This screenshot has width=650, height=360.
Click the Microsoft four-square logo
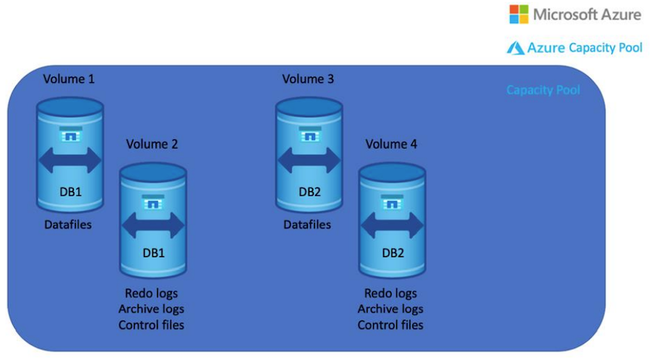(519, 13)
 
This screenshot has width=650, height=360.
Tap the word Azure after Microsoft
(617, 14)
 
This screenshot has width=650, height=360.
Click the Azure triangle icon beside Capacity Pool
(516, 48)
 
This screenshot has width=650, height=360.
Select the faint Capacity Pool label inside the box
(543, 90)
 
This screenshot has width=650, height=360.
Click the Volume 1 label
(70, 79)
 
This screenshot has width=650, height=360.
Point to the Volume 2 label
(152, 144)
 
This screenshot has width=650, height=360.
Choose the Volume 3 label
(309, 79)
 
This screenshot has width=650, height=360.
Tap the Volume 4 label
(392, 144)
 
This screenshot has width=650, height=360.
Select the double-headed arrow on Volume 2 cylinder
(152, 225)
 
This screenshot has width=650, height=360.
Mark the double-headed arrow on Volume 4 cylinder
(392, 225)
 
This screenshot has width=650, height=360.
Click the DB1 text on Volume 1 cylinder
(70, 190)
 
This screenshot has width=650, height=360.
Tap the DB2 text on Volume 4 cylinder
(392, 255)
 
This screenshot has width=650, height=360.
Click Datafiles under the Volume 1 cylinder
(70, 225)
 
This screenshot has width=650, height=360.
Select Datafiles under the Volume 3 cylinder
(309, 225)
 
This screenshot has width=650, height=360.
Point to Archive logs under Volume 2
(152, 309)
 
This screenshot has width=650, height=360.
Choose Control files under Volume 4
(391, 324)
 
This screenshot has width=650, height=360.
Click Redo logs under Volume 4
(391, 293)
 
